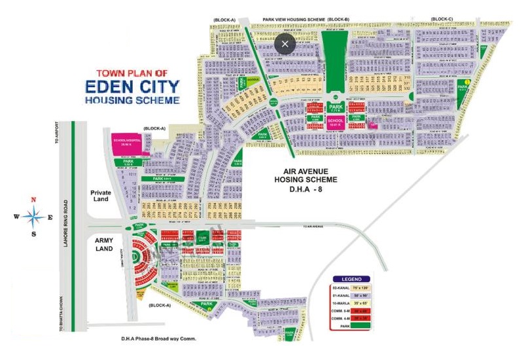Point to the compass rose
tap(33, 215)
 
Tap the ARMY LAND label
tap(101, 244)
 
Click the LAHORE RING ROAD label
tap(72, 226)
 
